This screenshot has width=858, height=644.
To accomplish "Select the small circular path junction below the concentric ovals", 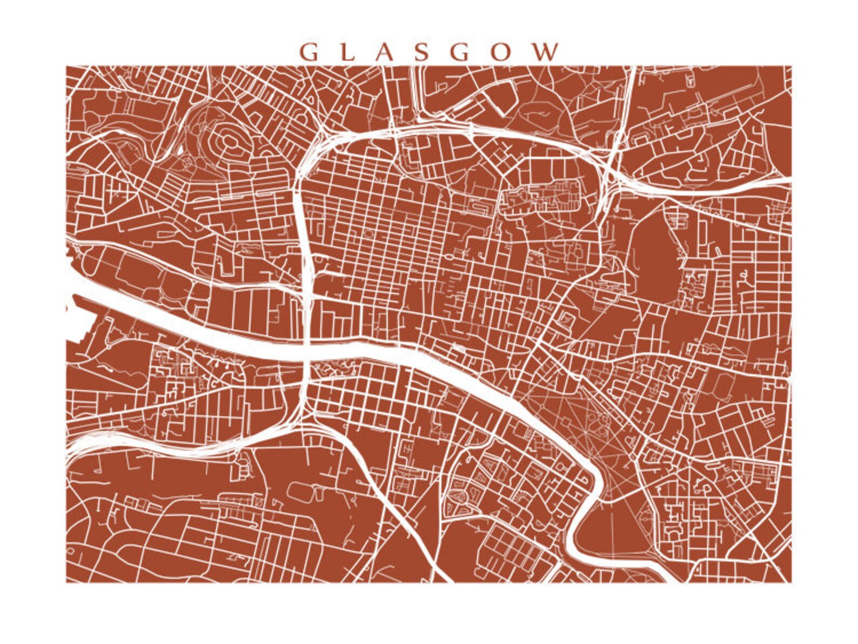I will pos(187,162).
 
